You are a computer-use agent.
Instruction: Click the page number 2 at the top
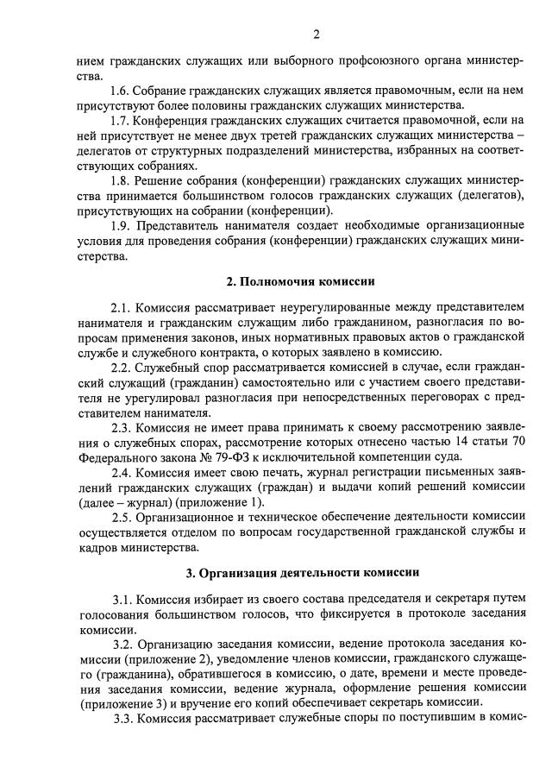pyautogui.click(x=317, y=35)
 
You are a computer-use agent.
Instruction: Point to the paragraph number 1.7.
pyautogui.click(x=122, y=120)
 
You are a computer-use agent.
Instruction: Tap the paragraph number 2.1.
pyautogui.click(x=122, y=308)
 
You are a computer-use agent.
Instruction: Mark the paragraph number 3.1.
pyautogui.click(x=123, y=599)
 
